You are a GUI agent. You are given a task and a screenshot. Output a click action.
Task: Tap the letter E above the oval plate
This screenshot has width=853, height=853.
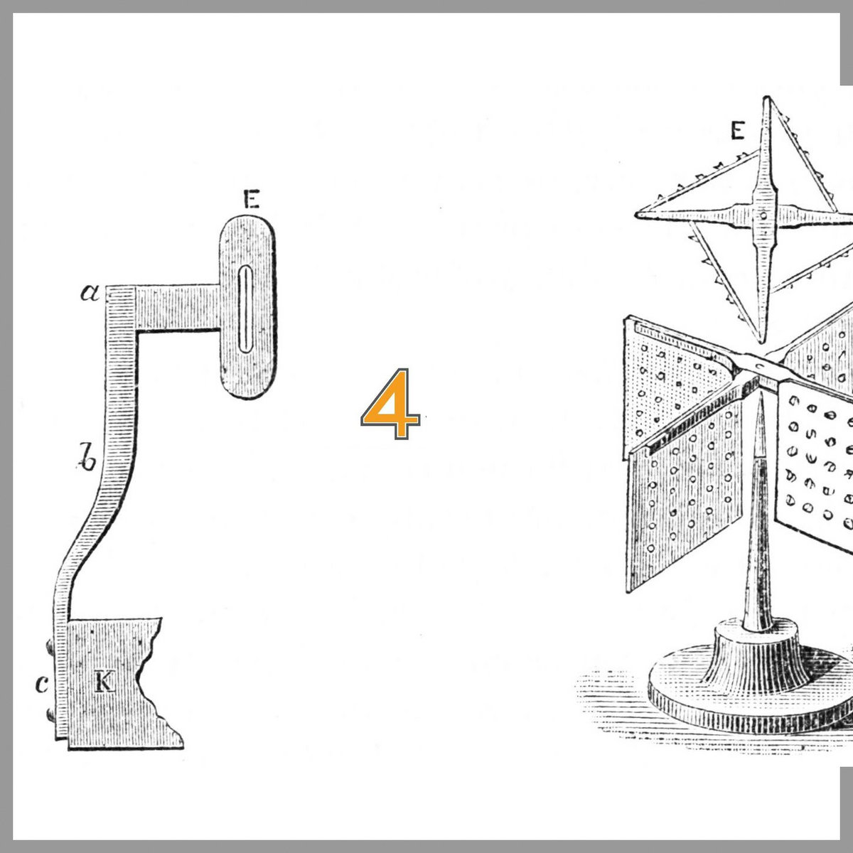click(x=252, y=199)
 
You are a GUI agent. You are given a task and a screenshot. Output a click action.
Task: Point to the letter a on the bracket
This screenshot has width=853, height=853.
click(x=90, y=293)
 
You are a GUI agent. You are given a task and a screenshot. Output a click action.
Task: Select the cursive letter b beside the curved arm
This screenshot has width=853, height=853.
click(x=86, y=456)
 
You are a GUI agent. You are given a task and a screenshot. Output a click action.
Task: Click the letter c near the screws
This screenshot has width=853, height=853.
click(x=42, y=684)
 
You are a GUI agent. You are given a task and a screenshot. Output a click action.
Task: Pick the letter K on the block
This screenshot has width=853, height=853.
click(x=105, y=682)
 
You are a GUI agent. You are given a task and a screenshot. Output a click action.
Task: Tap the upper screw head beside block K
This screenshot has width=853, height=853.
click(x=50, y=647)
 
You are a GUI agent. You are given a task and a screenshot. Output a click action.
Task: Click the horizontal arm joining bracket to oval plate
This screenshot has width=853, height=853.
click(x=178, y=308)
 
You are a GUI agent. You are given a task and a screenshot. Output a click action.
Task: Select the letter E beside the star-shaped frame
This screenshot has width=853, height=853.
click(x=737, y=131)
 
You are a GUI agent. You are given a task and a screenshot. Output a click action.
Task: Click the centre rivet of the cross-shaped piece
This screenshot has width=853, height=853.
click(x=763, y=216)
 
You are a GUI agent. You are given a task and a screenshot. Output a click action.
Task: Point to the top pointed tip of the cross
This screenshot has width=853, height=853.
click(x=767, y=98)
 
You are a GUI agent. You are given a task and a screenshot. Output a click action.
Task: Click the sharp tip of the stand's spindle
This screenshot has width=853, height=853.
click(x=761, y=395)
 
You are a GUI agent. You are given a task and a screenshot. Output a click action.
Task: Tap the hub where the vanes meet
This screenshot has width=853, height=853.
click(x=760, y=367)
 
